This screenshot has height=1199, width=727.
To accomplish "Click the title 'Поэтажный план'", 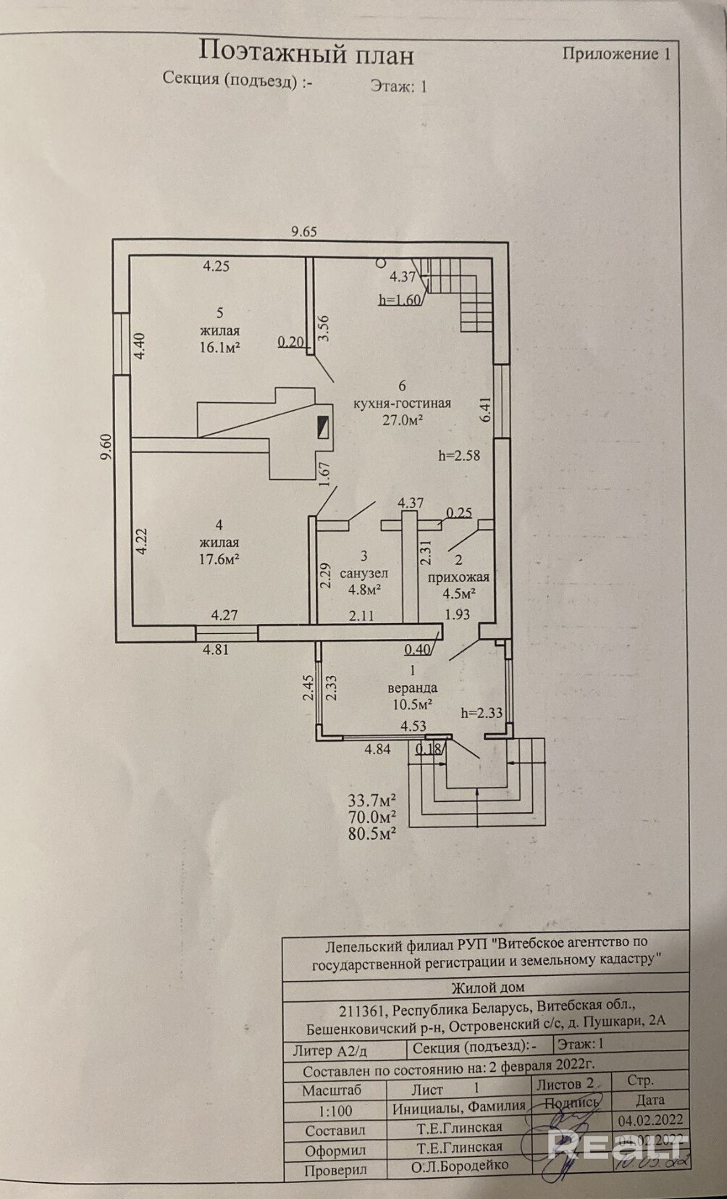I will pyautogui.click(x=306, y=53).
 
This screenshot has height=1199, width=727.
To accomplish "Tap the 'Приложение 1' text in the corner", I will pyautogui.click(x=616, y=54).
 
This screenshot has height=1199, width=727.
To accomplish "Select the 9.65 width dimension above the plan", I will pyautogui.click(x=304, y=232).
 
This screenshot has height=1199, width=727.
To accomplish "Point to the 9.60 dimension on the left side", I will pyautogui.click(x=107, y=447).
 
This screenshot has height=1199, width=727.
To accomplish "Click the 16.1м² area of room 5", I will pyautogui.click(x=219, y=347).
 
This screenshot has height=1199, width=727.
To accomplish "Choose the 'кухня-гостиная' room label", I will pyautogui.click(x=402, y=404).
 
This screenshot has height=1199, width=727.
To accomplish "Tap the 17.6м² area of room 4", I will pyautogui.click(x=219, y=559).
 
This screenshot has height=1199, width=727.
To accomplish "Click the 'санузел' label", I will pyautogui.click(x=364, y=573).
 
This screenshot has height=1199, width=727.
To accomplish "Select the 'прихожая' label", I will pyautogui.click(x=458, y=577).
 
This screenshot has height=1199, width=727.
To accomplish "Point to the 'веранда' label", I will pyautogui.click(x=413, y=688).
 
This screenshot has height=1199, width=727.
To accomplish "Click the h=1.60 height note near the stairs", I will pyautogui.click(x=400, y=301).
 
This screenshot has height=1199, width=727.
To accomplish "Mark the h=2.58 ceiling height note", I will pyautogui.click(x=459, y=456).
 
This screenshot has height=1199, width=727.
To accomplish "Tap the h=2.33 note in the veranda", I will pyautogui.click(x=482, y=713).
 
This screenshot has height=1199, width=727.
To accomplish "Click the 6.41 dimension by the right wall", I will pyautogui.click(x=486, y=409).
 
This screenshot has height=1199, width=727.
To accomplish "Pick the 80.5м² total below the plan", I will pyautogui.click(x=371, y=833).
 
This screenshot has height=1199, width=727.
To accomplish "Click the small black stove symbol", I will pyautogui.click(x=324, y=427).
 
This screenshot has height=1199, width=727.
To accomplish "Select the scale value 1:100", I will pyautogui.click(x=335, y=1111).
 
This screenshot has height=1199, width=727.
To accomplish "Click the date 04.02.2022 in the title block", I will pyautogui.click(x=650, y=1120).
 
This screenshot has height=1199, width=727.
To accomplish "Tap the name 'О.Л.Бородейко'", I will pyautogui.click(x=460, y=1166).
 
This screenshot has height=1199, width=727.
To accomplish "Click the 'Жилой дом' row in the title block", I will pyautogui.click(x=487, y=987).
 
